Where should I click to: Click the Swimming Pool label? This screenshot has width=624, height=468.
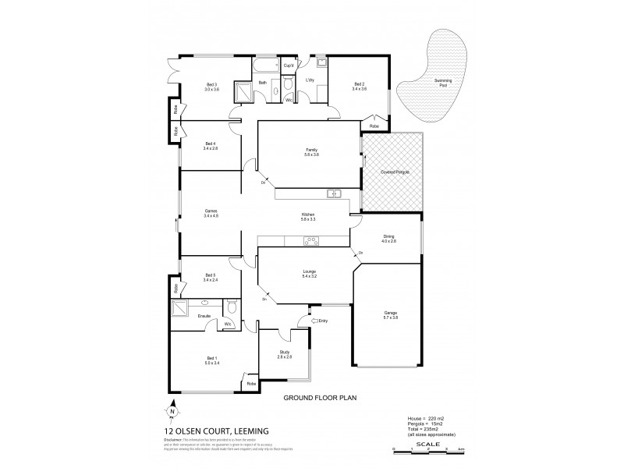tap(442, 83)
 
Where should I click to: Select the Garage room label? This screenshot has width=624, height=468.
tap(390, 315)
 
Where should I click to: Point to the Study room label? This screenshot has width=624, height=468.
tap(284, 353)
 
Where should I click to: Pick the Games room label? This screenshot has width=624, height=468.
tap(210, 213)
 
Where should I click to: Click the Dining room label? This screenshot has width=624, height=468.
tap(389, 239)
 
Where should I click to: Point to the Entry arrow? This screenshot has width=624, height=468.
tap(315, 321)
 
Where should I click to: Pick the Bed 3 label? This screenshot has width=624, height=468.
tap(211, 87)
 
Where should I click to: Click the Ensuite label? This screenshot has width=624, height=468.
tap(204, 316)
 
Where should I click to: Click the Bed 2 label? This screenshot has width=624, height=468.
tap(359, 87)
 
